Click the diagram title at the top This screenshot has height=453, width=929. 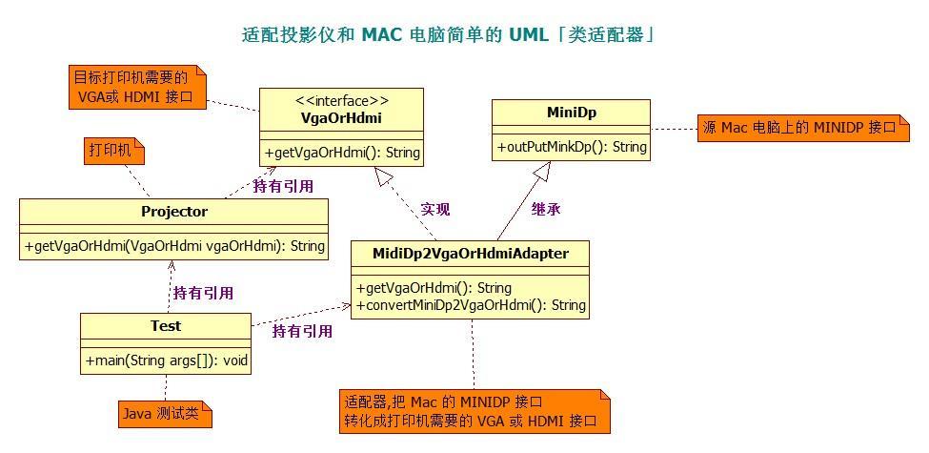point(448,35)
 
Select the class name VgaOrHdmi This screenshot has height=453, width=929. point(341,117)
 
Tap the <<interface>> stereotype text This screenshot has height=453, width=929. point(341,100)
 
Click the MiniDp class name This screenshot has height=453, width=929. point(571,113)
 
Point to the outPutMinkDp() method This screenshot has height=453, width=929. point(571,147)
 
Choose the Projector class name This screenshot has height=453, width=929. point(173,212)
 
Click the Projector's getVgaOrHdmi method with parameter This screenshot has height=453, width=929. point(173,245)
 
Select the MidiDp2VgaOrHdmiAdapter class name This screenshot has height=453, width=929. point(472,253)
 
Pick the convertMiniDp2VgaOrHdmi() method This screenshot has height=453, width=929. point(471,305)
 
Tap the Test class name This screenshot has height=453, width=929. point(165,326)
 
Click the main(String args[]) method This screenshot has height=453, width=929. point(166,361)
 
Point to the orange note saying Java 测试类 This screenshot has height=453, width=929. point(165,414)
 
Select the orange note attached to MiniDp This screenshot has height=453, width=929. point(802,129)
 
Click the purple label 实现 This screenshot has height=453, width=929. point(435,209)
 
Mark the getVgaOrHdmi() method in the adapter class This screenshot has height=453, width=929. point(434,288)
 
